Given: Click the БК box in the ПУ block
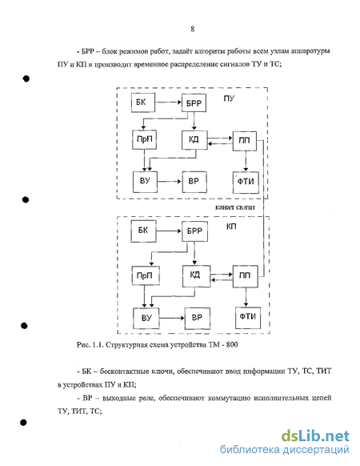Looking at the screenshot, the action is [143, 102].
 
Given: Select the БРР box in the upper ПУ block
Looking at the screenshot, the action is [194, 102].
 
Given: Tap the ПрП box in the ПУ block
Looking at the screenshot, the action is [144, 139].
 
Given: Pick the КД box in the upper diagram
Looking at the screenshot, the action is [194, 139].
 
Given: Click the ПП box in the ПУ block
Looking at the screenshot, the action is [245, 141].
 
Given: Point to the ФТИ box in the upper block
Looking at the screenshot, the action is [246, 183].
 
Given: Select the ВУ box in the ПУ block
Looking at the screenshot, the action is [145, 182].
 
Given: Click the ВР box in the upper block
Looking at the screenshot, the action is [194, 182].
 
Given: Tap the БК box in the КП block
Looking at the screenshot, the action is [143, 231].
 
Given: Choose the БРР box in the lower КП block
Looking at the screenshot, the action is [194, 231].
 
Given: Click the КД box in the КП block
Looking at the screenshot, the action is [196, 276].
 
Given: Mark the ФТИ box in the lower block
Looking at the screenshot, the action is [248, 318].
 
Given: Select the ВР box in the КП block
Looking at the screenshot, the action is [198, 319].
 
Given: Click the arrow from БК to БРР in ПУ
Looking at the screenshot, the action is [169, 102].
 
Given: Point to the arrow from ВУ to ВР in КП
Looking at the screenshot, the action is [172, 319].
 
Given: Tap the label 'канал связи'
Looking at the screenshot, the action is [234, 207].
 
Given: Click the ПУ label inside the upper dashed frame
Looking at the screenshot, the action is [229, 98].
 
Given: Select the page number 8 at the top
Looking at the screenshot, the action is [193, 29].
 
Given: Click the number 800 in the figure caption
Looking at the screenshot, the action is [232, 345].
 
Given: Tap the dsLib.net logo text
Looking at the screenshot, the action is [315, 436].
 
